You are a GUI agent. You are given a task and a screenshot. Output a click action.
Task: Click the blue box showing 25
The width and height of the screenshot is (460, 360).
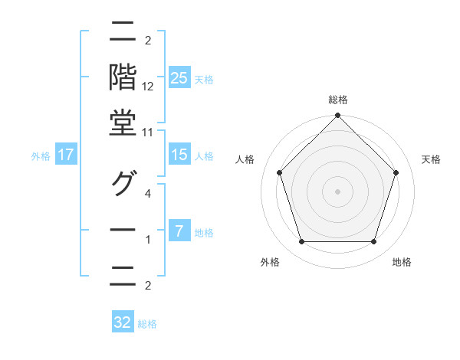(179, 77)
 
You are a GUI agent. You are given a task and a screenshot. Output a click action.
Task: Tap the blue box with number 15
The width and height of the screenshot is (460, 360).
(179, 155)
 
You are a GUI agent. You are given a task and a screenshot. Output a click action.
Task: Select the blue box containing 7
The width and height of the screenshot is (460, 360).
(179, 231)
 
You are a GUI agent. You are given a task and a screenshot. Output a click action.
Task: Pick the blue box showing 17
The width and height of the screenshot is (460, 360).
(66, 155)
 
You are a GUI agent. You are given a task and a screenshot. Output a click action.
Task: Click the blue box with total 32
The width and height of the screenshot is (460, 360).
(123, 322)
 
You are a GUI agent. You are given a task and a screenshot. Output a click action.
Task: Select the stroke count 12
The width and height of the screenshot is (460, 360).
(148, 87)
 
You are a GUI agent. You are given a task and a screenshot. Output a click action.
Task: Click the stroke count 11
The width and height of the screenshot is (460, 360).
(148, 133)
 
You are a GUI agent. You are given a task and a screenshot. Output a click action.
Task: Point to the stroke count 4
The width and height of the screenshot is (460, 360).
(148, 195)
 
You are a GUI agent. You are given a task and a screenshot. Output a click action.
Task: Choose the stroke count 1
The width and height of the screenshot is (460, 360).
(148, 240)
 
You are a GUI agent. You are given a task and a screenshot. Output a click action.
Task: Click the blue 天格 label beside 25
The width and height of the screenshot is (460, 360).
(204, 79)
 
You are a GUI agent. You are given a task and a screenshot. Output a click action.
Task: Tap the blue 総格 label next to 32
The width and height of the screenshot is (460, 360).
(147, 324)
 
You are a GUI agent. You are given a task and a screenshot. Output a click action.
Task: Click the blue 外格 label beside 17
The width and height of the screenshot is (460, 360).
(41, 156)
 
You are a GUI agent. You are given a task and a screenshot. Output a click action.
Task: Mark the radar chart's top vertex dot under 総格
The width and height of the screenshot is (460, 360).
(337, 116)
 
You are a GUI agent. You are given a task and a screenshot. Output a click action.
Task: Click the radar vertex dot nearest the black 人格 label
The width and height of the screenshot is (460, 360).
(279, 172)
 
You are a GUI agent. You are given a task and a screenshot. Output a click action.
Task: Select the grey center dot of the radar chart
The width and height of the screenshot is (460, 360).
(337, 191)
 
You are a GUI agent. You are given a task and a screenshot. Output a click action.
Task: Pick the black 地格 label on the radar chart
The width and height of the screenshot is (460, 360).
(402, 262)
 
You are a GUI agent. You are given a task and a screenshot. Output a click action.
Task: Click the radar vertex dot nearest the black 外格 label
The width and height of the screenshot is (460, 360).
(301, 242)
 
